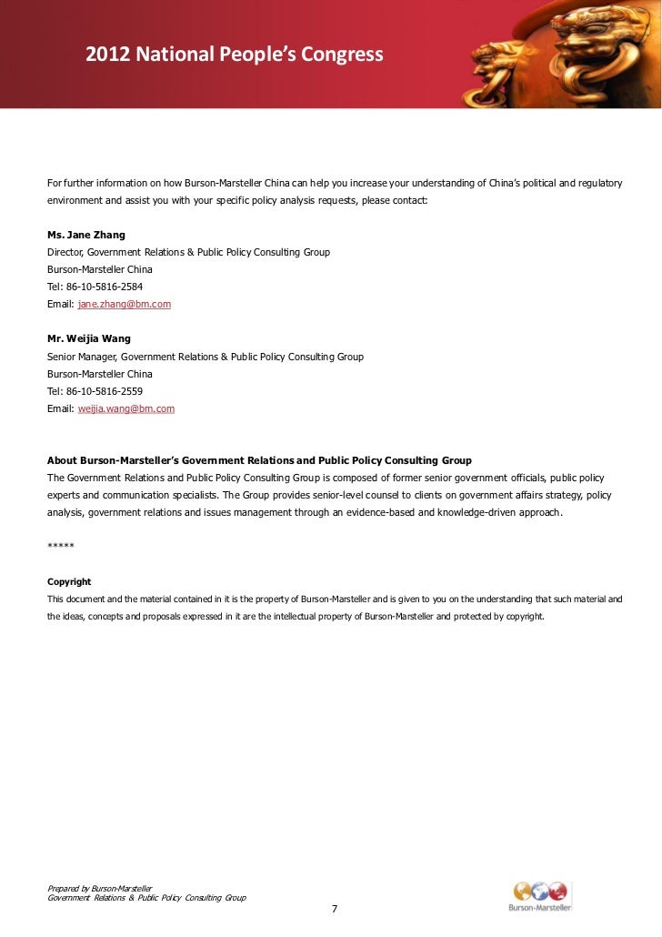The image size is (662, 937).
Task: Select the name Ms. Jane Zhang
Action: pos(85,235)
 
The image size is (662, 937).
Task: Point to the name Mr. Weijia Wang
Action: pos(88,339)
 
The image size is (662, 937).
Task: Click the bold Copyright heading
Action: pos(69,581)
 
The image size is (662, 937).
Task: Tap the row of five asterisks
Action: pos(60,547)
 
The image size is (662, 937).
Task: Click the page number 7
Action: pos(334,910)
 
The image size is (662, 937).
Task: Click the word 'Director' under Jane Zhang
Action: pos(66,252)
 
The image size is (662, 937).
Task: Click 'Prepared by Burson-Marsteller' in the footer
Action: pos(99,888)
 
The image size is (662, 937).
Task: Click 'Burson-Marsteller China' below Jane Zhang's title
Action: pos(99,269)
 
